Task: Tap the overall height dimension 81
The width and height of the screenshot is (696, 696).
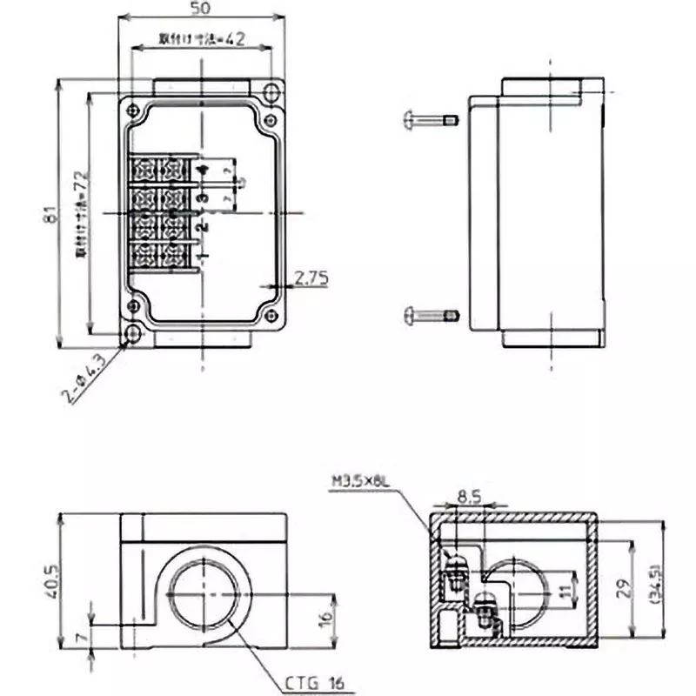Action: pos(50,214)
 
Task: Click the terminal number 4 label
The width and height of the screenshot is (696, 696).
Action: pos(203,171)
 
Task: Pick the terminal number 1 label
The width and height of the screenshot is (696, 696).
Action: pos(203,256)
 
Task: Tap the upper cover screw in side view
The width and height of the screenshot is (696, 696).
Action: pos(431,119)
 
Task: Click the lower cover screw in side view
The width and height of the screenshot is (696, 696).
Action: pos(431,315)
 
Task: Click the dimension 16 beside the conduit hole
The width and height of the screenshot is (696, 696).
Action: pos(326,619)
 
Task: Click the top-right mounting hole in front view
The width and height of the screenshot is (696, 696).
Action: pos(272,91)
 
